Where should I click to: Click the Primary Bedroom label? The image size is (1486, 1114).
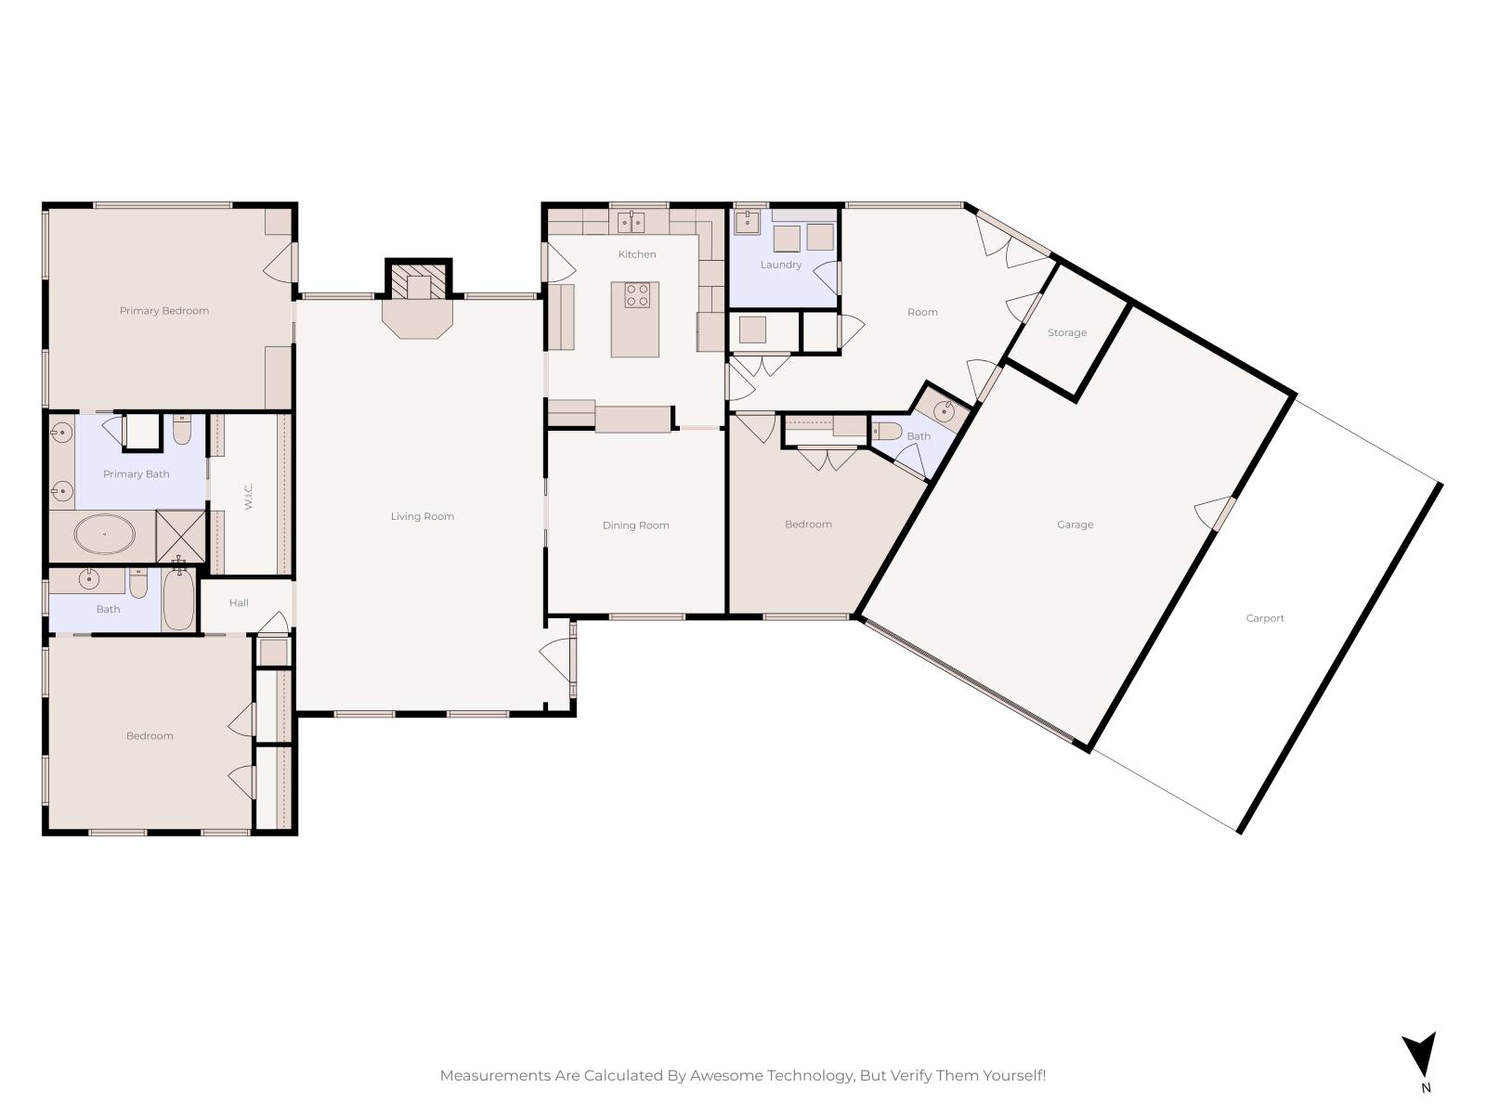pyautogui.click(x=163, y=310)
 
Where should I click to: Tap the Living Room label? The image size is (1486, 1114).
pyautogui.click(x=422, y=516)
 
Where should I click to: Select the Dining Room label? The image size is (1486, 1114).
pyautogui.click(x=635, y=525)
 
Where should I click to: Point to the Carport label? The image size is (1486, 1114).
pyautogui.click(x=1265, y=617)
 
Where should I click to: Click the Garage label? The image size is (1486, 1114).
pyautogui.click(x=1075, y=525)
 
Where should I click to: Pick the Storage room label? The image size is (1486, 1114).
pyautogui.click(x=1067, y=332)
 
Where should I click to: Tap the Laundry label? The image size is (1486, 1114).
pyautogui.click(x=780, y=265)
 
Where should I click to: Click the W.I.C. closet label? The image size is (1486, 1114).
pyautogui.click(x=248, y=496)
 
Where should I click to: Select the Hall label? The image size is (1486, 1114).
pyautogui.click(x=239, y=602)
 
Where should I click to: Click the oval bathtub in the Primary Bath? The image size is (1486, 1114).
pyautogui.click(x=104, y=535)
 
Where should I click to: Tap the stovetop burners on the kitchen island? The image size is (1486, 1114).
pyautogui.click(x=637, y=295)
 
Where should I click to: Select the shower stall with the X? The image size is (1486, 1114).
pyautogui.click(x=181, y=536)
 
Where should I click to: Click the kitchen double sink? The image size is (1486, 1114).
pyautogui.click(x=631, y=222)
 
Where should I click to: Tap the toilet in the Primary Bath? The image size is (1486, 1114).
pyautogui.click(x=181, y=429)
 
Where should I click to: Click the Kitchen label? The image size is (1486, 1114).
pyautogui.click(x=636, y=254)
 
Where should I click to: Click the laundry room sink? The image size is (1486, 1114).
pyautogui.click(x=748, y=222)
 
